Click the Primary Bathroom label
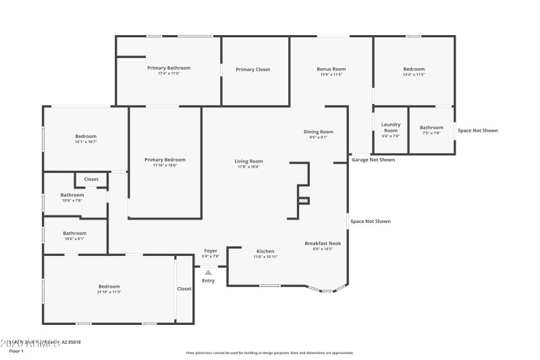tap(169, 68)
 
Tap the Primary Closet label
tap(253, 70)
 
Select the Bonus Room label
tap(331, 69)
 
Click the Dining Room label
tap(319, 132)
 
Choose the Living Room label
tap(248, 161)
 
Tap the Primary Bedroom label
tap(165, 159)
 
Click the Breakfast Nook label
tap(323, 243)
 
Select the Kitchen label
tap(265, 251)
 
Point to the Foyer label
tap(211, 251)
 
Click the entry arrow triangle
tap(209, 272)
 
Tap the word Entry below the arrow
tap(209, 281)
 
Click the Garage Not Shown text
tap(373, 160)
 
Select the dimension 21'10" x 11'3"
tap(109, 292)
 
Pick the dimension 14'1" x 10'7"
tap(86, 142)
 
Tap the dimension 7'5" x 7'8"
tap(431, 133)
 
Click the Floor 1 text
tap(16, 351)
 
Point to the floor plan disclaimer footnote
tap(269, 353)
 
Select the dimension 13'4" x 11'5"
tap(414, 74)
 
